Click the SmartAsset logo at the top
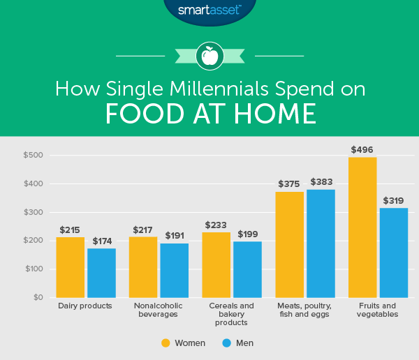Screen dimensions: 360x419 (209, 10)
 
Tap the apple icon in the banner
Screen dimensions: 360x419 (209, 54)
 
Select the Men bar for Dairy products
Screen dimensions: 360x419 (101, 273)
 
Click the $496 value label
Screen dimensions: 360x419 (362, 149)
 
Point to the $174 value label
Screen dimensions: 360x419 (101, 241)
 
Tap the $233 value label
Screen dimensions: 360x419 (216, 225)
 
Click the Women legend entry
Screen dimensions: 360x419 (183, 343)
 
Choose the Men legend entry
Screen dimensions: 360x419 (238, 343)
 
